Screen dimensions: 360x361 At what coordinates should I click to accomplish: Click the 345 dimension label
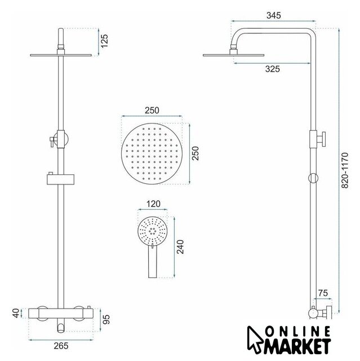pos(274,15)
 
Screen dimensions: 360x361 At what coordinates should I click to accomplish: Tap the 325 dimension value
pos(273,69)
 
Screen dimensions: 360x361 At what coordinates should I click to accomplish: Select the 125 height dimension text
pos(104,41)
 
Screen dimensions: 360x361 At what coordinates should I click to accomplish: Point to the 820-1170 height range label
pos(345,170)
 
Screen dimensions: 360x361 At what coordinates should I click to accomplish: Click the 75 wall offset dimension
pos(323,293)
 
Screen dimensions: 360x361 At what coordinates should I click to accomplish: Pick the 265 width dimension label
pos(61,346)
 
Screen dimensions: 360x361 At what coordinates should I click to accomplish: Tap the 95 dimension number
pos(106,319)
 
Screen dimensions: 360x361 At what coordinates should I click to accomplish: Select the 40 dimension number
pos(16,313)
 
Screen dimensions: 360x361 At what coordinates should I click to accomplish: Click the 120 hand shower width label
pos(153,204)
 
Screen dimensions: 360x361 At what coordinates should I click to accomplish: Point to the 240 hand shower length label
pos(180,247)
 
